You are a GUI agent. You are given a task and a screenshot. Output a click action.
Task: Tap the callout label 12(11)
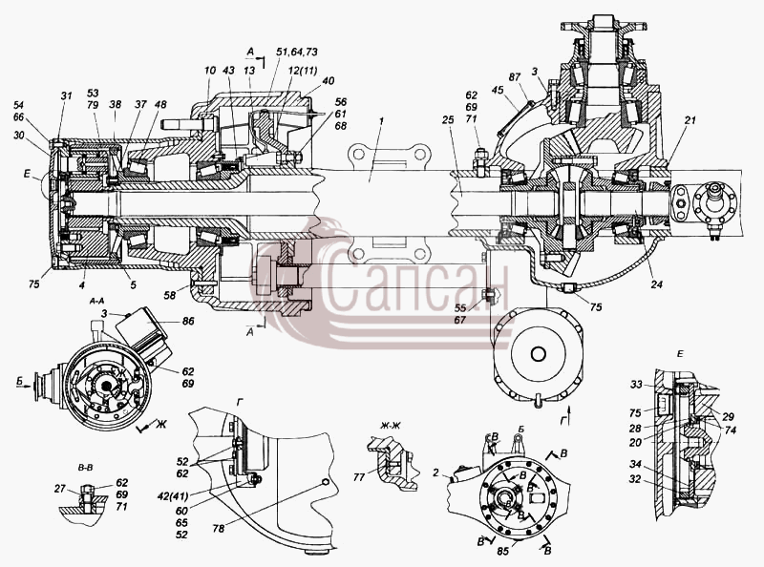click(302, 71)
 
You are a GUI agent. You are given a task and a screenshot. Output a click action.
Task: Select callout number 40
click(328, 81)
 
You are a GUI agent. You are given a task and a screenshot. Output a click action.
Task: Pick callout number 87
click(514, 77)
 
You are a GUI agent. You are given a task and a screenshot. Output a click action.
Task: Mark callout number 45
click(498, 90)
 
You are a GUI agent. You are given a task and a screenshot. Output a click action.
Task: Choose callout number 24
click(656, 284)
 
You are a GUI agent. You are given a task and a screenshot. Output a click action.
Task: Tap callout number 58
click(170, 295)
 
